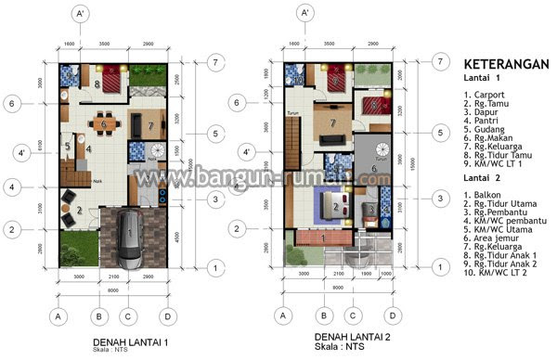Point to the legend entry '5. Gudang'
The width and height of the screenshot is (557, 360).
[x=486, y=143]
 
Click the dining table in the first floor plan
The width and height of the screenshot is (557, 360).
[x=105, y=122]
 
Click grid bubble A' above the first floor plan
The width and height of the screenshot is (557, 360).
[x=81, y=14]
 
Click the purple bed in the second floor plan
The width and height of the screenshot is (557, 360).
[x=328, y=201]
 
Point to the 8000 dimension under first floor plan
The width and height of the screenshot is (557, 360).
[x=111, y=289]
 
